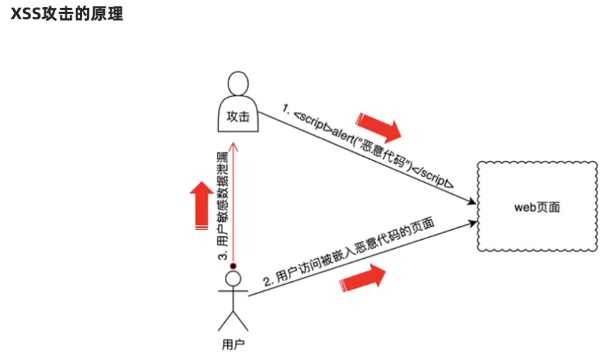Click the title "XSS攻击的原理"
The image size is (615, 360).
tap(67, 14)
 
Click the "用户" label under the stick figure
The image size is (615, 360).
tap(233, 345)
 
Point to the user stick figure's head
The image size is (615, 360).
tap(233, 279)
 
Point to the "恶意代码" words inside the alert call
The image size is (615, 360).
tap(385, 153)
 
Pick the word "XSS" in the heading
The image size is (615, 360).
tap(26, 14)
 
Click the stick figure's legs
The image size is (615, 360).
tap(233, 320)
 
